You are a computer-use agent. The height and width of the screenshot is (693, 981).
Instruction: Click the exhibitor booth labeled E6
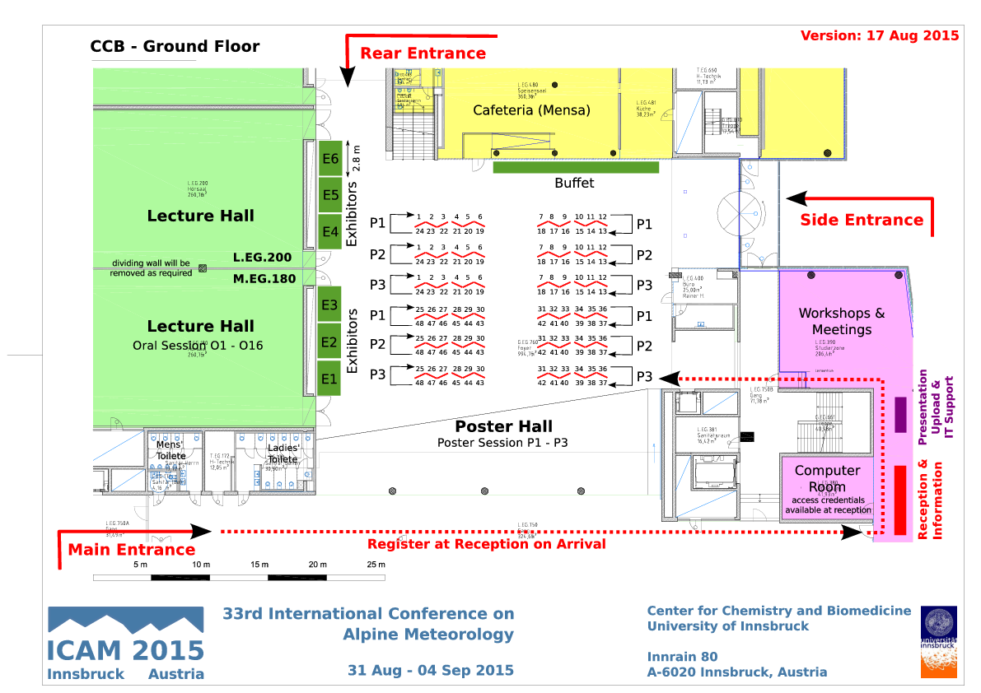[x=330, y=159]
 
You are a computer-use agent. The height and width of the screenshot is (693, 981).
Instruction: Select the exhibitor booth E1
[x=329, y=379]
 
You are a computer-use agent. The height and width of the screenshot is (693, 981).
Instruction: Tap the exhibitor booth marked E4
[x=330, y=232]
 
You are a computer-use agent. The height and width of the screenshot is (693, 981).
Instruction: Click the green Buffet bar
[x=576, y=167]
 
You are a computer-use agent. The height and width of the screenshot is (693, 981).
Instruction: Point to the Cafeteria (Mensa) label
[x=531, y=110]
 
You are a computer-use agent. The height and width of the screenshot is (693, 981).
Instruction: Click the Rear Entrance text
[x=423, y=53]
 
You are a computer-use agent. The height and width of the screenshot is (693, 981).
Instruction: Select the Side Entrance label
[x=862, y=220]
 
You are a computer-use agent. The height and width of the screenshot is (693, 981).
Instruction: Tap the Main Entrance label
[x=131, y=550]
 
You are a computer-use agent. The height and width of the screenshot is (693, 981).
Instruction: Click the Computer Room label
[x=827, y=478]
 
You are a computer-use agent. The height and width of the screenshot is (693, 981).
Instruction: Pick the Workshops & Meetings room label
[x=842, y=321]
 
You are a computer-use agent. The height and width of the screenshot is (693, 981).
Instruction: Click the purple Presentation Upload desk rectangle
[x=900, y=415]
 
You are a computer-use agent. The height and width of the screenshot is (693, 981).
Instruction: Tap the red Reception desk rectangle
[x=900, y=499]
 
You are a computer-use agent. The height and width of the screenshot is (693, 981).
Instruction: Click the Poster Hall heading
[x=504, y=426]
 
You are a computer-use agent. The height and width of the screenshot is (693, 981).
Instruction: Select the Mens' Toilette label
[x=171, y=450]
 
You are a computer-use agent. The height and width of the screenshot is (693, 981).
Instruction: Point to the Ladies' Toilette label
[x=283, y=453]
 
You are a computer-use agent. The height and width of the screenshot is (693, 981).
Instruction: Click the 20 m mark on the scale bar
[x=317, y=565]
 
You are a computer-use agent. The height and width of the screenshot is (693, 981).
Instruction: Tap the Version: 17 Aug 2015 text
[x=880, y=35]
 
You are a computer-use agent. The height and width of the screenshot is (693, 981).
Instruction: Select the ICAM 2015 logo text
[x=125, y=650]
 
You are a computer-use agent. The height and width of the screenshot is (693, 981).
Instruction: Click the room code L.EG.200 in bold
[x=262, y=258]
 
